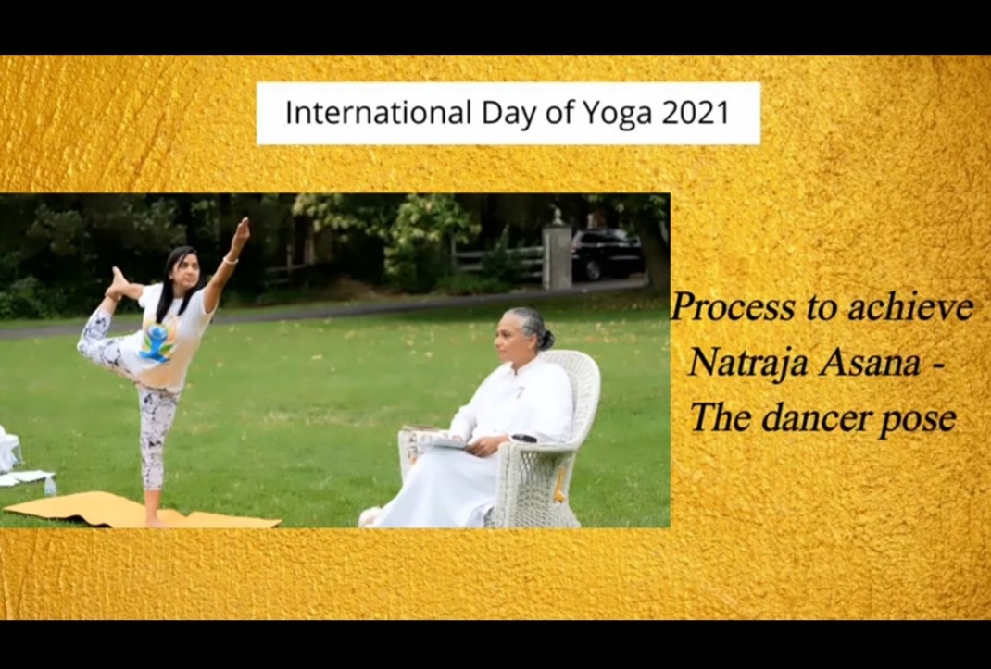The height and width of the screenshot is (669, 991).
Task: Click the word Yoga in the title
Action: (x=617, y=114)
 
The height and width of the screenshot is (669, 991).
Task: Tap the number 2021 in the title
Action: (x=696, y=113)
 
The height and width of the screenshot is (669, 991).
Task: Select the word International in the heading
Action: (x=379, y=113)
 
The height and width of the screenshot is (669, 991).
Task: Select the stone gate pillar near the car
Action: (x=557, y=252)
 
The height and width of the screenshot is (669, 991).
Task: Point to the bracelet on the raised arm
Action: (x=231, y=260)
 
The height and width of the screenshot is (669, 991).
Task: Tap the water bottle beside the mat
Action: (x=49, y=486)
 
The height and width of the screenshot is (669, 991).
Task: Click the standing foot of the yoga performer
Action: (x=156, y=520)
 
